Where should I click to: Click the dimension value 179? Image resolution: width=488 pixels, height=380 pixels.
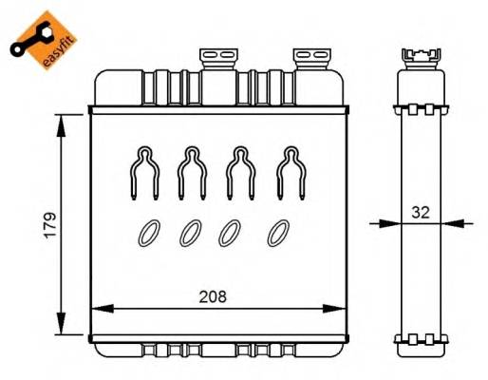click(50, 224)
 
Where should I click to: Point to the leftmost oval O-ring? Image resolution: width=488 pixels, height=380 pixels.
click(147, 232)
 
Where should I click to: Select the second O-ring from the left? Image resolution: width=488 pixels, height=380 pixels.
click(191, 232)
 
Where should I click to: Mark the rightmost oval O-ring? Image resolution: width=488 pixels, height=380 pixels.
click(278, 232)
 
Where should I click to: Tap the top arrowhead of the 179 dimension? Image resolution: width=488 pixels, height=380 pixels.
click(63, 119)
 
